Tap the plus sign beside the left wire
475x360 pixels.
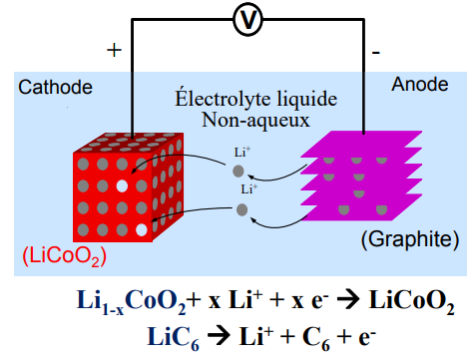point(113,50)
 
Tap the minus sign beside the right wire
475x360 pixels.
point(374,49)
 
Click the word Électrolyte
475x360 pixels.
point(212,101)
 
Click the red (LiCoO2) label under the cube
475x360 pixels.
point(64,255)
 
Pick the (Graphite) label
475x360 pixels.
point(409,239)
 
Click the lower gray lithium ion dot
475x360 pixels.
point(241,208)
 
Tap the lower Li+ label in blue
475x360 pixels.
point(248,188)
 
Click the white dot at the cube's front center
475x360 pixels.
point(121,185)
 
